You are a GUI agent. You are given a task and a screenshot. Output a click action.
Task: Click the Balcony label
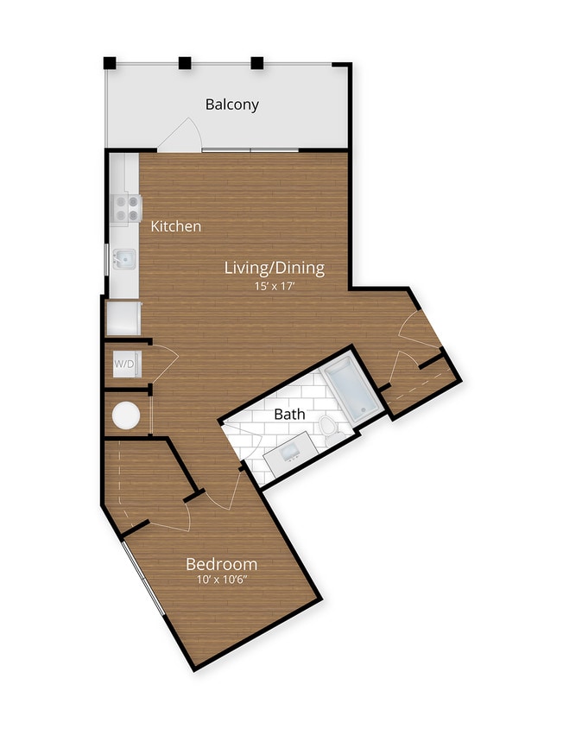tap(231, 105)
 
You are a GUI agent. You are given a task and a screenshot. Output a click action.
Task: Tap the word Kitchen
tap(176, 226)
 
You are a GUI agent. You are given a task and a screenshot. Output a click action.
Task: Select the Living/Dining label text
tap(275, 268)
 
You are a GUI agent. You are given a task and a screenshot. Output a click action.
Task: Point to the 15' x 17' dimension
tap(275, 287)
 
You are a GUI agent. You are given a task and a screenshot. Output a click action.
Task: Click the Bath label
tap(289, 414)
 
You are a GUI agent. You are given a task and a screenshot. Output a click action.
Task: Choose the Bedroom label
tap(222, 564)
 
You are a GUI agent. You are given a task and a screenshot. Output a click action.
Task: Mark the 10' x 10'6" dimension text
tap(222, 581)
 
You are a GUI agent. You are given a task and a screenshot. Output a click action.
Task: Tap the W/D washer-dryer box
tap(124, 364)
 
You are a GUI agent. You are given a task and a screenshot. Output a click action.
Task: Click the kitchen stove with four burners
tap(126, 208)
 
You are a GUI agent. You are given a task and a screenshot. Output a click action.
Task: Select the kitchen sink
tap(126, 258)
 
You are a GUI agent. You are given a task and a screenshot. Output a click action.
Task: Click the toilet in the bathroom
tap(328, 427)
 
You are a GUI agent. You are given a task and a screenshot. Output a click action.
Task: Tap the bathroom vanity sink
tap(288, 453)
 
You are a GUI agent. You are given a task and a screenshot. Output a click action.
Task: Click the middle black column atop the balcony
tap(184, 62)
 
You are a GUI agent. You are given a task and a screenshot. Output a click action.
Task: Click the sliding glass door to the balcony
tap(250, 151)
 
